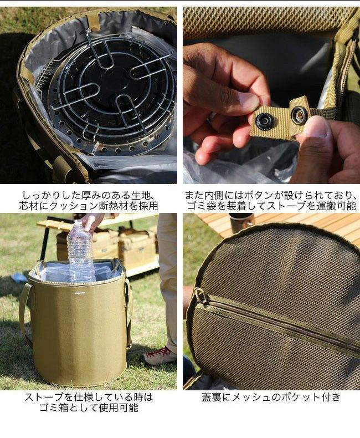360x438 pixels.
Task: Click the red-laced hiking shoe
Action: coord(158,355)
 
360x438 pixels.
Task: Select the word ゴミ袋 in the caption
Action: coord(202,206)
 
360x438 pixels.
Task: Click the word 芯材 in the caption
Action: coord(29,206)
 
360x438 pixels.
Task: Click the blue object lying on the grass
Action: coord(20,278)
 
